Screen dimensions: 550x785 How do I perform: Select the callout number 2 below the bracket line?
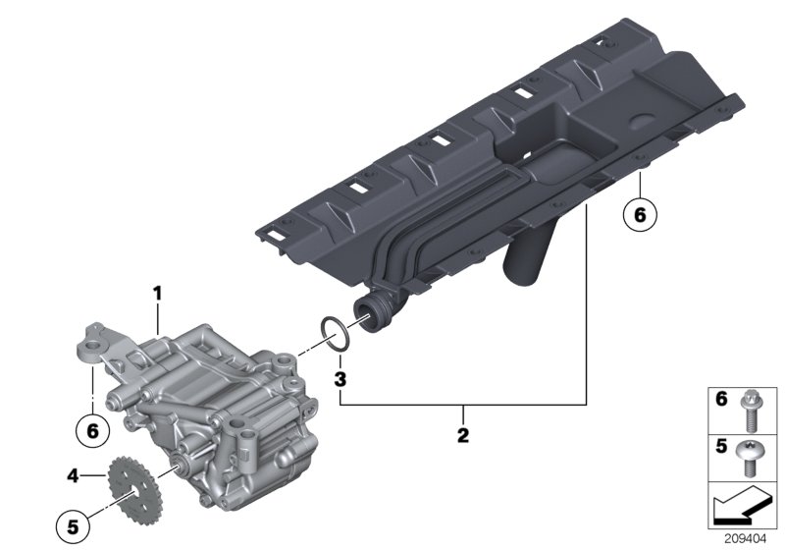463,432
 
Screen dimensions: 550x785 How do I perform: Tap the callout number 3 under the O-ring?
339,378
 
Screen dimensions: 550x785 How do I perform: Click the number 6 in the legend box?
719,401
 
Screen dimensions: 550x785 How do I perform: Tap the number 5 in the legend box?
719,448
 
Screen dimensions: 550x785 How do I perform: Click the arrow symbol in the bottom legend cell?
737,506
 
